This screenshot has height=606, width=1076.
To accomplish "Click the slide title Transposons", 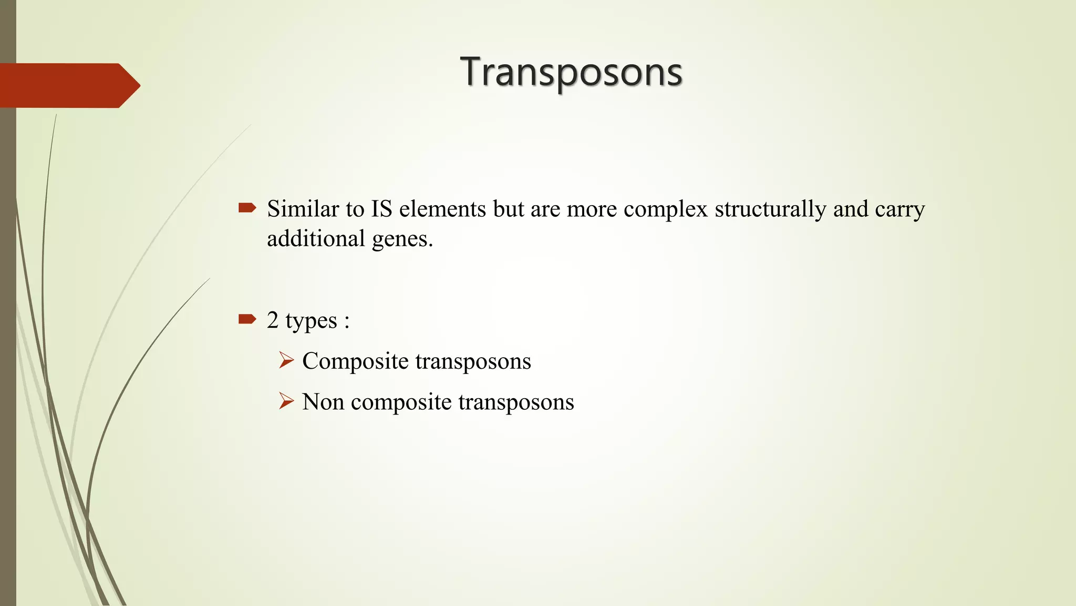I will pos(571,72).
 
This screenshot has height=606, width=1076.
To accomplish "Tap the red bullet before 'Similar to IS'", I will pos(247,208).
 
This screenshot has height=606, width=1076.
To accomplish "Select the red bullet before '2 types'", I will pos(247,319).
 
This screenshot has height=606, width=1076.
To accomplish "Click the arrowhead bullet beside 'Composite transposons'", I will pos(286,360).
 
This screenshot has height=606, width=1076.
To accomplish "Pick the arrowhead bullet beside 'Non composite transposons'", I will pos(286,401).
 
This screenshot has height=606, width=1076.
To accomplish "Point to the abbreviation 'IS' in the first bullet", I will pos(382,209).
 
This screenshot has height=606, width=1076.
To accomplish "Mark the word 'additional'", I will pos(316,238).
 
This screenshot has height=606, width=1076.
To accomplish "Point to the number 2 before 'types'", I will pos(272,320).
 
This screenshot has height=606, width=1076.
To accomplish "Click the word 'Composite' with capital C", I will pos(355,361).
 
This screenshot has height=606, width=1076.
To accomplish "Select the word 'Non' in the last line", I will pos(323,402).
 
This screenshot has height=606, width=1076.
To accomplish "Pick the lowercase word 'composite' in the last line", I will pos(401,402).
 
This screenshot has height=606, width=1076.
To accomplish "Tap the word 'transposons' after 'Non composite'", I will pos(516,402).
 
